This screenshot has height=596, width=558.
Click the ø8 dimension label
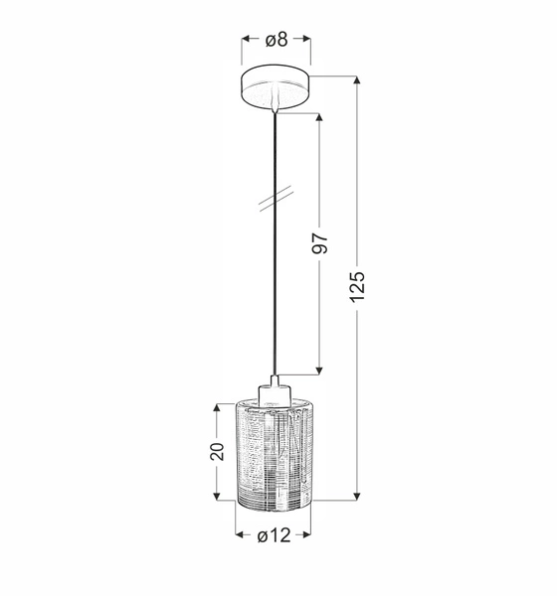tap(277, 40)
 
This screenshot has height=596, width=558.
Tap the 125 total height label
tap(359, 286)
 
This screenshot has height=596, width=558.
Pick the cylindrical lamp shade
tap(274, 452)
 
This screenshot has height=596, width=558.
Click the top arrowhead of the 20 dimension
tap(218, 408)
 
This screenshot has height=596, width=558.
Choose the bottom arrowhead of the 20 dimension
tap(218, 494)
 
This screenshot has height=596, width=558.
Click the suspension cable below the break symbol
tap(273, 298)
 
